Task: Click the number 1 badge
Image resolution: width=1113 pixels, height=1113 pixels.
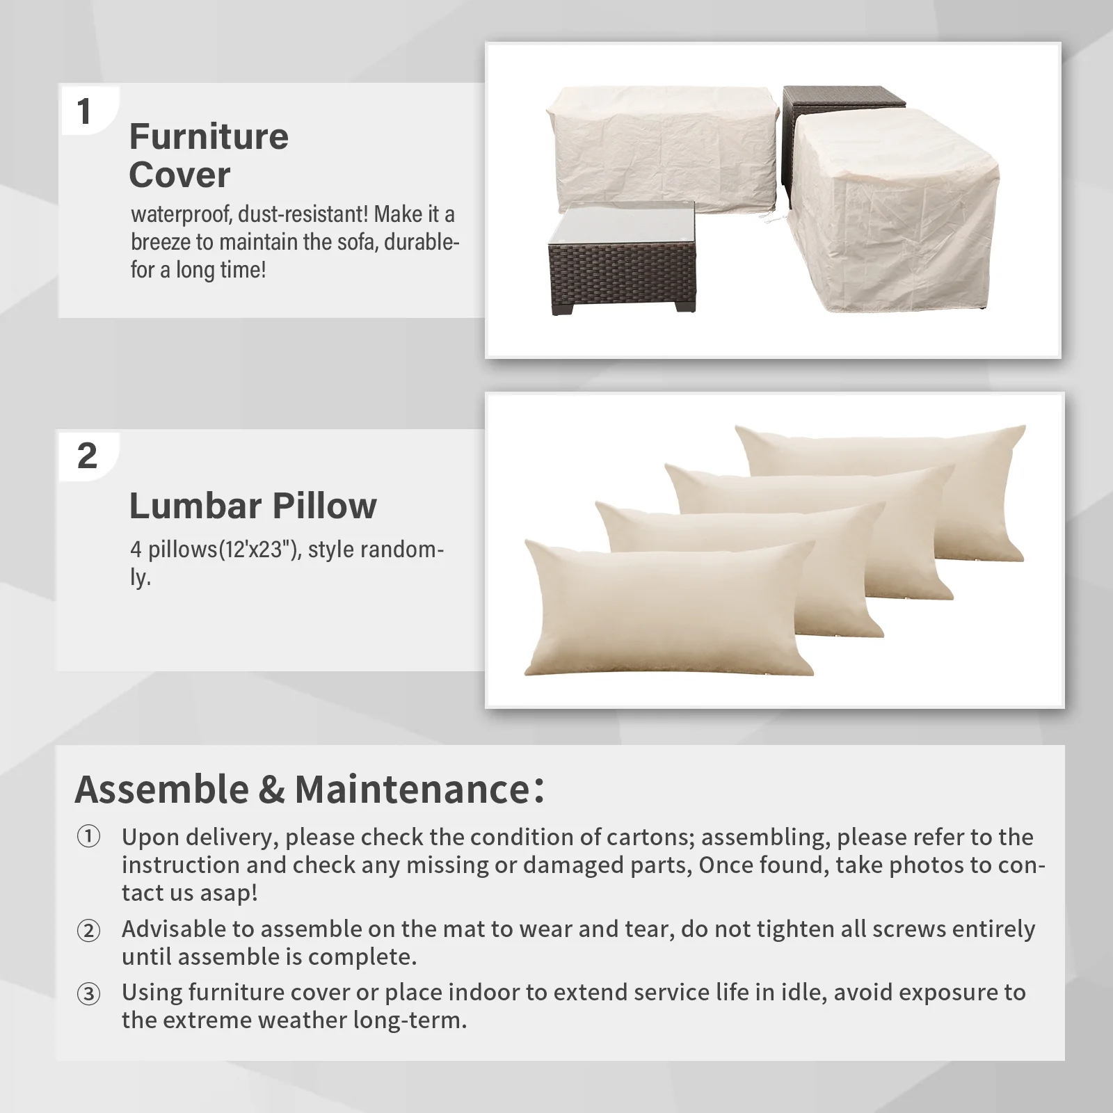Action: click(x=84, y=111)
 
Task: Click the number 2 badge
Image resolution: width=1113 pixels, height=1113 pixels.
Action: click(x=87, y=456)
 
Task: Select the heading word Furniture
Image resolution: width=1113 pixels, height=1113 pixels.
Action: click(x=209, y=136)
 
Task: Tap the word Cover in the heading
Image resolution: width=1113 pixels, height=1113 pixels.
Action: click(x=179, y=175)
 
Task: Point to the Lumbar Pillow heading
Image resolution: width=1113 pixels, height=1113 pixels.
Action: click(x=253, y=506)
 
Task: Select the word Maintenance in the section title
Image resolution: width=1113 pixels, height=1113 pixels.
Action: click(x=413, y=789)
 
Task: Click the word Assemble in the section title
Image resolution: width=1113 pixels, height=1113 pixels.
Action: click(x=161, y=790)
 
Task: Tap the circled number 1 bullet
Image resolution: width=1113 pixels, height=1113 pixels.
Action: click(x=88, y=837)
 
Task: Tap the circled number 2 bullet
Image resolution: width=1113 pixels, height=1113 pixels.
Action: click(x=88, y=929)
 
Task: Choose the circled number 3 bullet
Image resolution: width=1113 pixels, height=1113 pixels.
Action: click(x=88, y=993)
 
